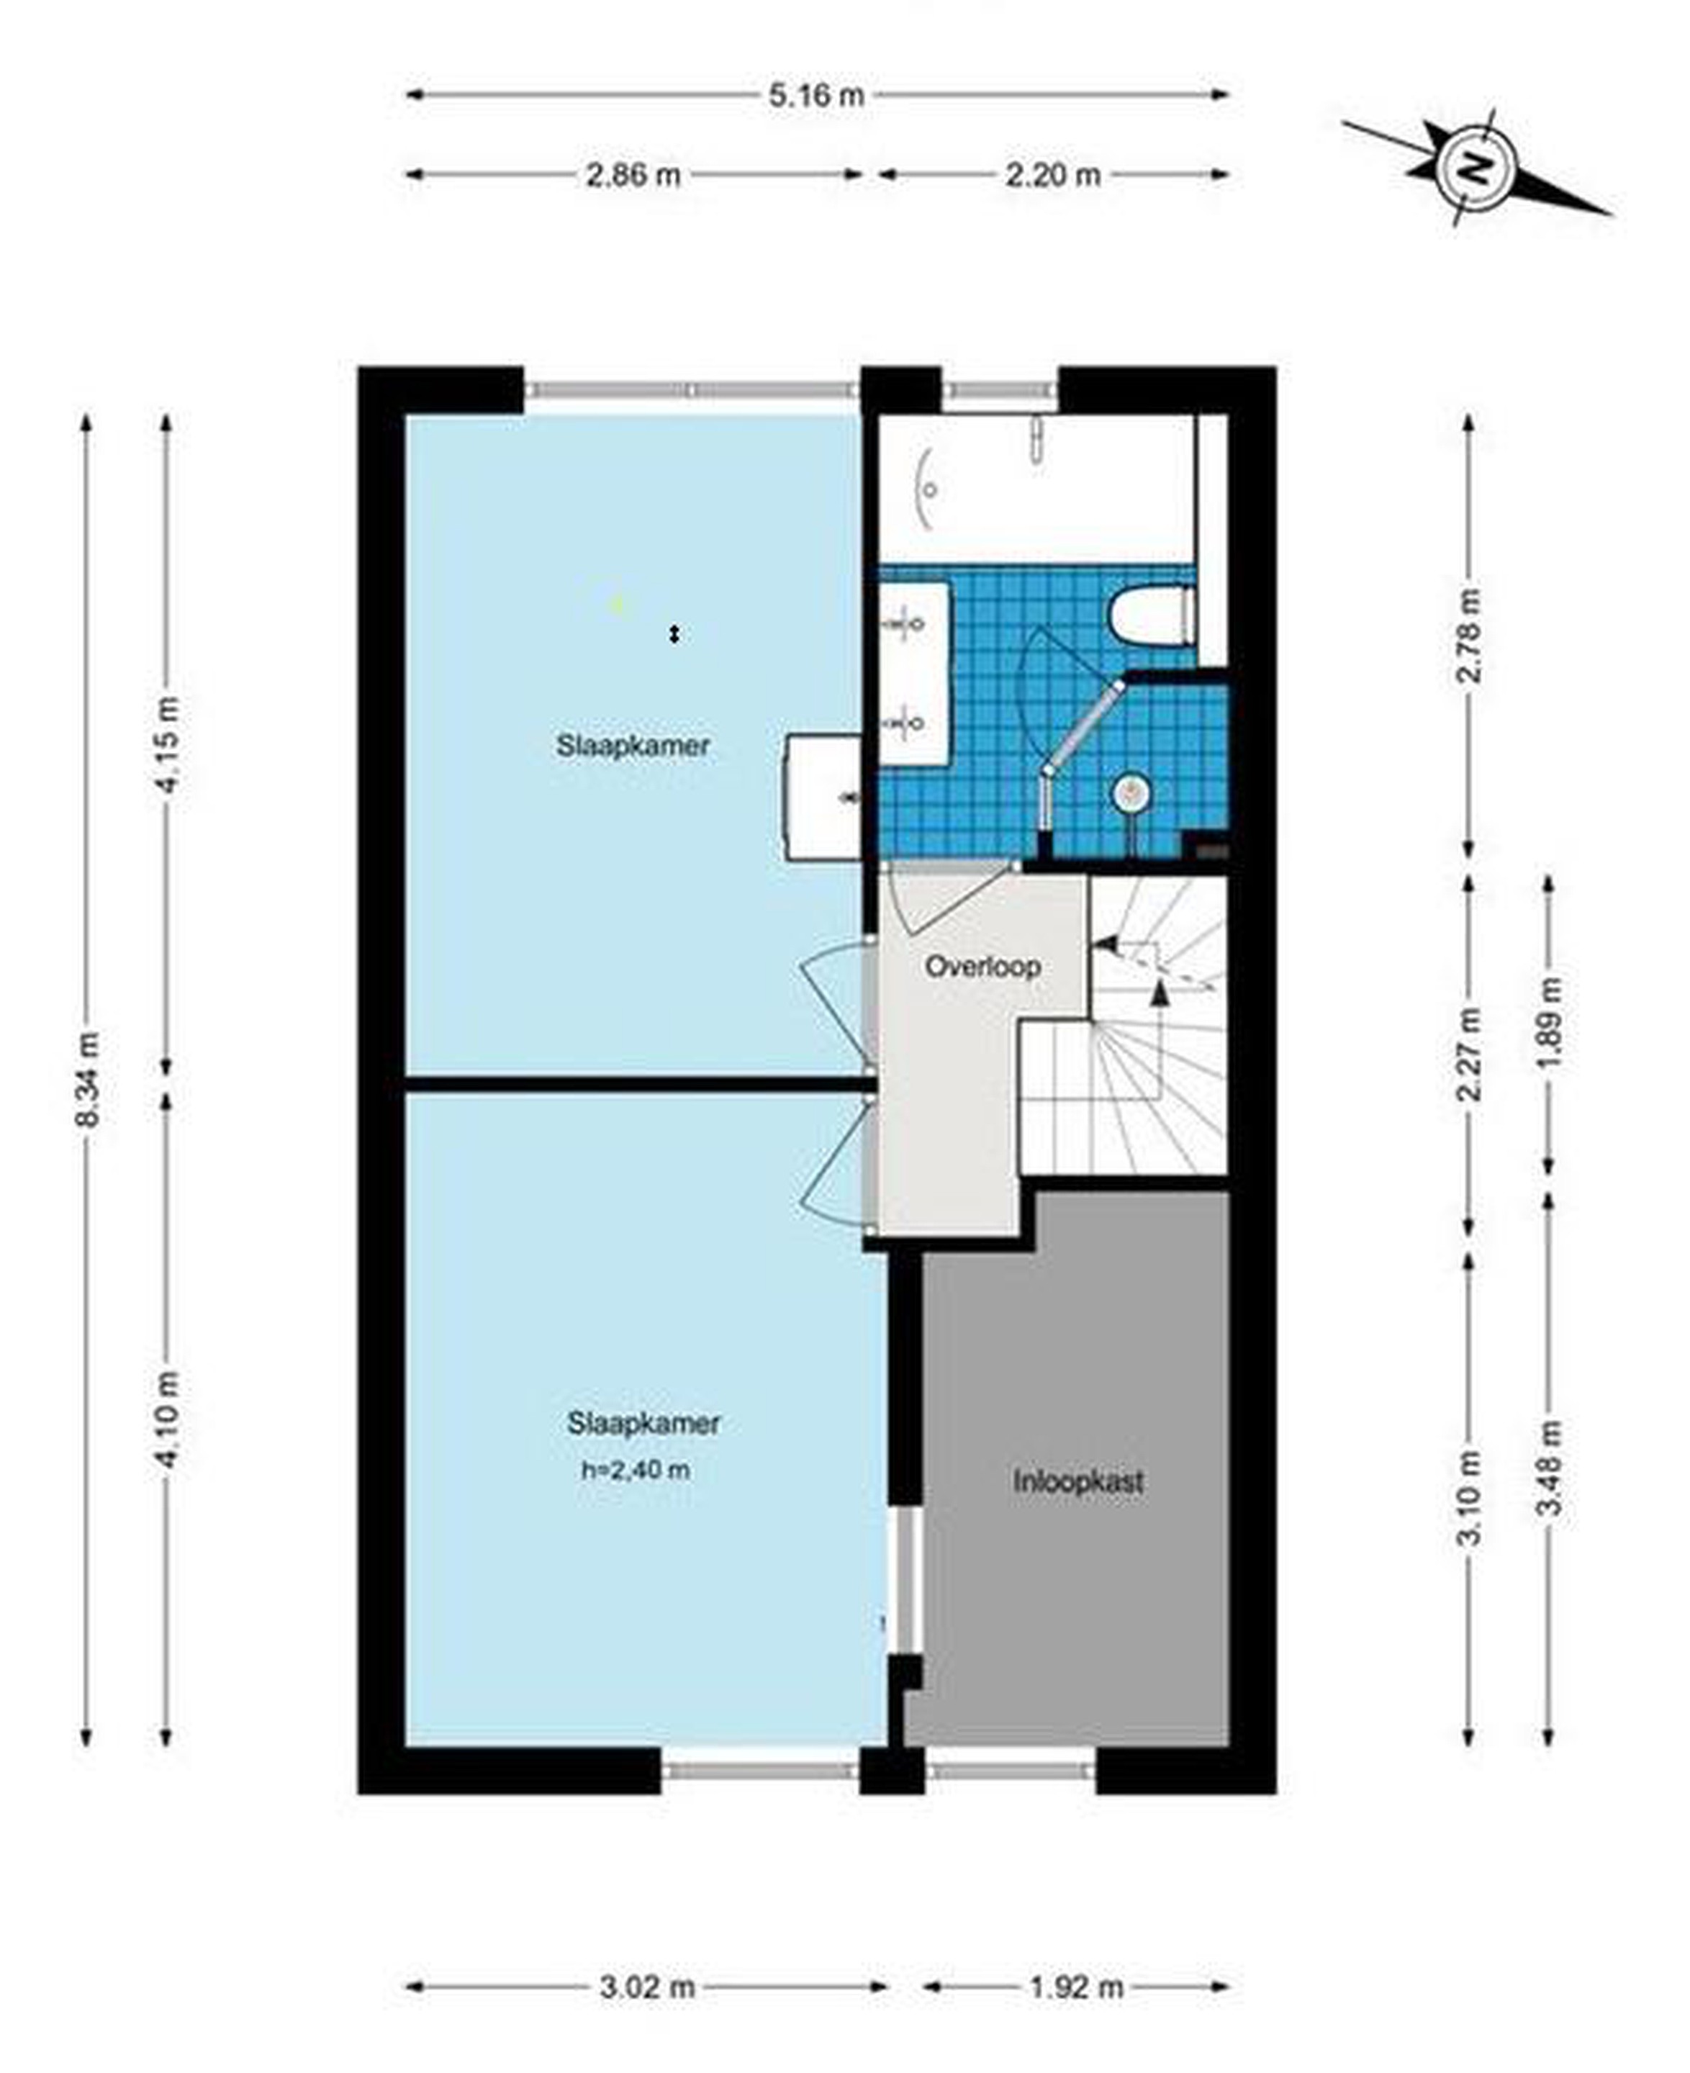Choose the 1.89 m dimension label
1549,1022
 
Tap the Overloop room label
982,967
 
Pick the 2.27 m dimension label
1469,1054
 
